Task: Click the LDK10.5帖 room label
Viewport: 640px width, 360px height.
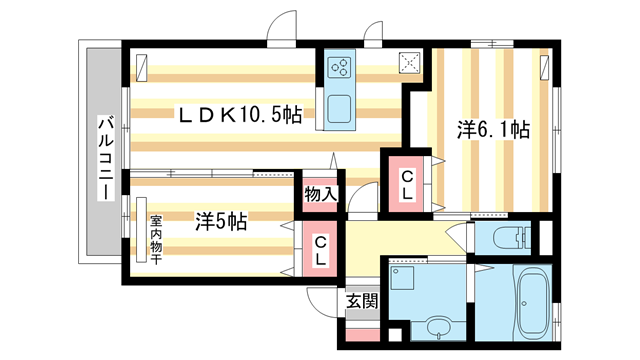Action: coord(239,115)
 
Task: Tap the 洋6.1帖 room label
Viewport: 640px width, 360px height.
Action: coord(494,130)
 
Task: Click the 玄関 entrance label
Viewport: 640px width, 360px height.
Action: coord(361,301)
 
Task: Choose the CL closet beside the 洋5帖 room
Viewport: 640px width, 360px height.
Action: coord(319,248)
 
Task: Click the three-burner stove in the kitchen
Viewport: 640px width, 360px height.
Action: coord(340,67)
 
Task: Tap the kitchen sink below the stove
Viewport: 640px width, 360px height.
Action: coord(339,107)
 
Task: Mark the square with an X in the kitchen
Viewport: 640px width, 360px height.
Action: coord(410,63)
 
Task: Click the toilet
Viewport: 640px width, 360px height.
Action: coord(500,238)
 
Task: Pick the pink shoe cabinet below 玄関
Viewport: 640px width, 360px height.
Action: coord(361,331)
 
